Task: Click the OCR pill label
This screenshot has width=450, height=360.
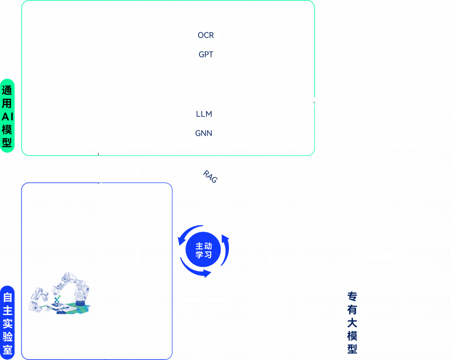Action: tap(206, 35)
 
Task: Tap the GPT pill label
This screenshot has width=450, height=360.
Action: tap(206, 55)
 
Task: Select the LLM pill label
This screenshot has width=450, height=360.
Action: tap(203, 114)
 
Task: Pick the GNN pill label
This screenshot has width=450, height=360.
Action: tap(203, 133)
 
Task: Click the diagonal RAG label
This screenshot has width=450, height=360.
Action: tap(210, 175)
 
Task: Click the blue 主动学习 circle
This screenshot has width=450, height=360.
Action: tap(204, 251)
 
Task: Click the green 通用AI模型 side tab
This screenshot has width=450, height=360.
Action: tap(7, 116)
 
